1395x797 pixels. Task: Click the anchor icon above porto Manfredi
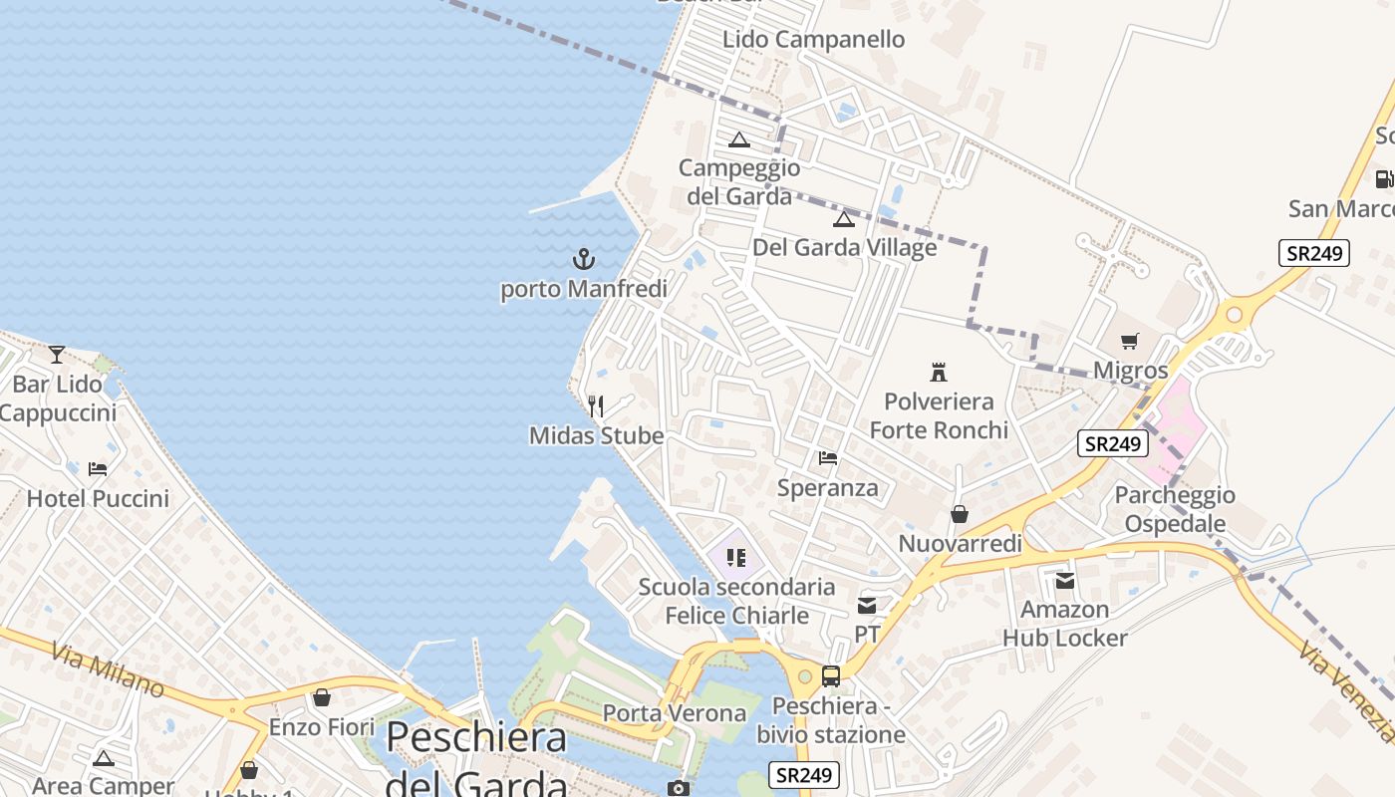[583, 260]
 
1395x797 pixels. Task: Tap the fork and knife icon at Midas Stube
[596, 405]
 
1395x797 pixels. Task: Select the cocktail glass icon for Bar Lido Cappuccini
[57, 354]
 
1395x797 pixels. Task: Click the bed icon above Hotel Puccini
[98, 468]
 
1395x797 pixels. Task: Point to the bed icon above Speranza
[827, 458]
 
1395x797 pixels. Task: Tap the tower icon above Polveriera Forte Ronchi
[938, 373]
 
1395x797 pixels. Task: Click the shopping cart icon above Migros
[1129, 342]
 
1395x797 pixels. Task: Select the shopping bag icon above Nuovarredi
[960, 514]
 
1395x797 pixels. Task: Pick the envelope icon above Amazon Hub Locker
[1064, 580]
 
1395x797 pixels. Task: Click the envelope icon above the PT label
[867, 605]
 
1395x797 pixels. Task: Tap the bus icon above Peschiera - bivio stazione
[831, 676]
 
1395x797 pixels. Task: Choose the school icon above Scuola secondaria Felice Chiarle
[736, 558]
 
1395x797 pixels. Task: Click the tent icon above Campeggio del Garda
[738, 139]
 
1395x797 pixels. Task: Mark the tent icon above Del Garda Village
[844, 219]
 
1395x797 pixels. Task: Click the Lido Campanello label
[813, 40]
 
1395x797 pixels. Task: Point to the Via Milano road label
[107, 670]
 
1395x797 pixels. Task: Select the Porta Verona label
[675, 713]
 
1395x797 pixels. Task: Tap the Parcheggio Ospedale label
[1175, 509]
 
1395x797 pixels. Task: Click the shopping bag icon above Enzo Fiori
[322, 697]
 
